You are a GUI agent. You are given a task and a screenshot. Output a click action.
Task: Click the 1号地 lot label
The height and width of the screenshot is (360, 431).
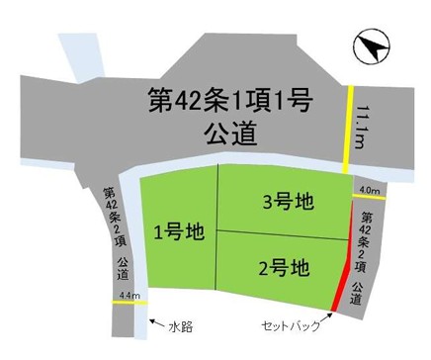coord(179,233)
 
